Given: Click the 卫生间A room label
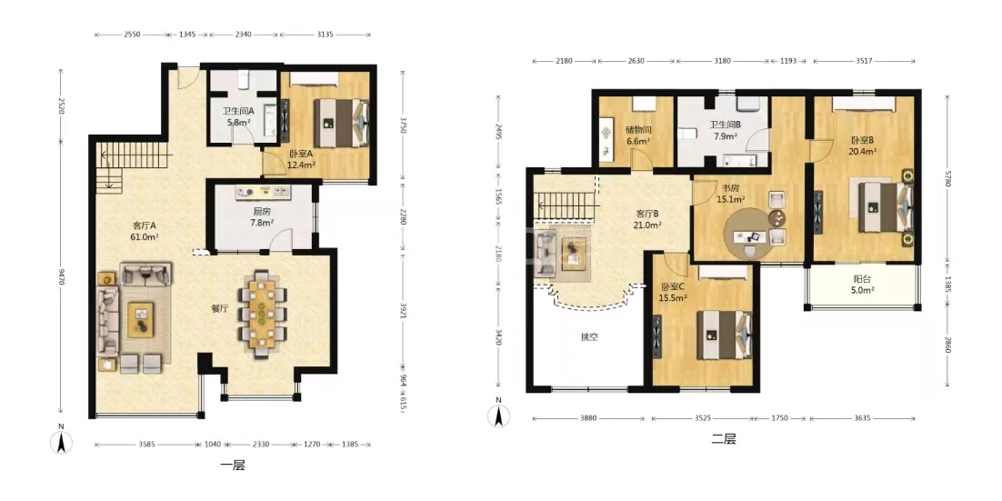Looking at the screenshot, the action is click(x=237, y=111).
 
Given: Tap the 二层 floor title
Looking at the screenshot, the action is click(x=724, y=439).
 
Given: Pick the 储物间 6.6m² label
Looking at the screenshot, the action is click(x=637, y=135).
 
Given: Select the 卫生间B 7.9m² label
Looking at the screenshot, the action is click(x=725, y=130).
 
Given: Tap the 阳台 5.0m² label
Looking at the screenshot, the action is click(x=861, y=284).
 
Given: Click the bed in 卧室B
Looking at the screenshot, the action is click(x=886, y=206).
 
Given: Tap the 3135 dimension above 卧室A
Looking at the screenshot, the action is click(x=325, y=35).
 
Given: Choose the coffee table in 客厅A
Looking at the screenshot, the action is click(x=141, y=319).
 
